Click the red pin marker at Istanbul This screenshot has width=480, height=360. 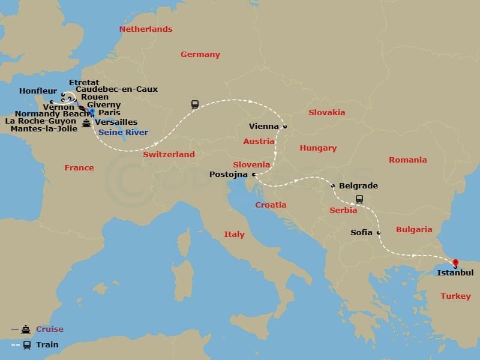click(x=455, y=263)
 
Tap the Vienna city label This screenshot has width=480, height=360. click(x=264, y=127)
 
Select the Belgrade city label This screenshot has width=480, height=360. click(x=358, y=185)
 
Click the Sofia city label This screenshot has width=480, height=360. click(x=362, y=232)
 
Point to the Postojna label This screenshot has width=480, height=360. click(x=230, y=175)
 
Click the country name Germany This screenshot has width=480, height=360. click(x=200, y=54)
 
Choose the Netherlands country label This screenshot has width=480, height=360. click(x=146, y=29)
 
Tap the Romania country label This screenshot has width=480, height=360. click(x=407, y=160)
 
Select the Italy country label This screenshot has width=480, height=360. click(x=234, y=234)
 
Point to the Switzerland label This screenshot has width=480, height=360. click(x=169, y=154)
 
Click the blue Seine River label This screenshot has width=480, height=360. click(x=123, y=132)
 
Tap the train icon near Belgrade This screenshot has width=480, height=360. click(x=359, y=199)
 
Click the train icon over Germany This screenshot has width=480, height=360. click(x=195, y=104)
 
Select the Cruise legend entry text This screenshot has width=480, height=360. click(x=50, y=329)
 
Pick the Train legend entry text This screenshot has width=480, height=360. click(x=47, y=345)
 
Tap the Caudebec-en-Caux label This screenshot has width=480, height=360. click(x=117, y=89)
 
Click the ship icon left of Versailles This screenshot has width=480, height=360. click(x=87, y=123)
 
